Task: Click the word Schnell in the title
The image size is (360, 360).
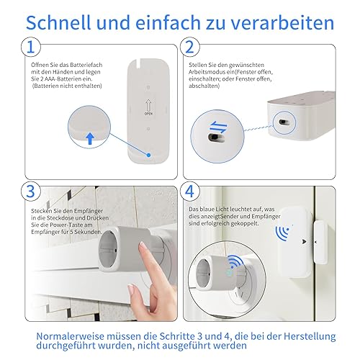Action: [58, 22]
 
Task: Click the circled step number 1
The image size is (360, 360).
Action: [31, 47]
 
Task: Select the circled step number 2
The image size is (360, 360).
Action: [189, 47]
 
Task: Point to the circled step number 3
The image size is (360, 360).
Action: [31, 192]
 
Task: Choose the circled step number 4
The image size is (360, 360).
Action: [189, 192]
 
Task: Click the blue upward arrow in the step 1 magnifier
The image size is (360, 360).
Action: [90, 139]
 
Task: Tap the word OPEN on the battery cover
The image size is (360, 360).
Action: [148, 113]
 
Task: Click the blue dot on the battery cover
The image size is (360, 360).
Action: [148, 155]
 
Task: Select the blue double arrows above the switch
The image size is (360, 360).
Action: [218, 127]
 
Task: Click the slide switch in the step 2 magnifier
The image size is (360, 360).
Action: [216, 138]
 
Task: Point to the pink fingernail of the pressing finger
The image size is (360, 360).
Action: [142, 246]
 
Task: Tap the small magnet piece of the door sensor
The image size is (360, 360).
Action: [321, 243]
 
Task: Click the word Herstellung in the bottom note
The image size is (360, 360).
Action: [310, 336]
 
